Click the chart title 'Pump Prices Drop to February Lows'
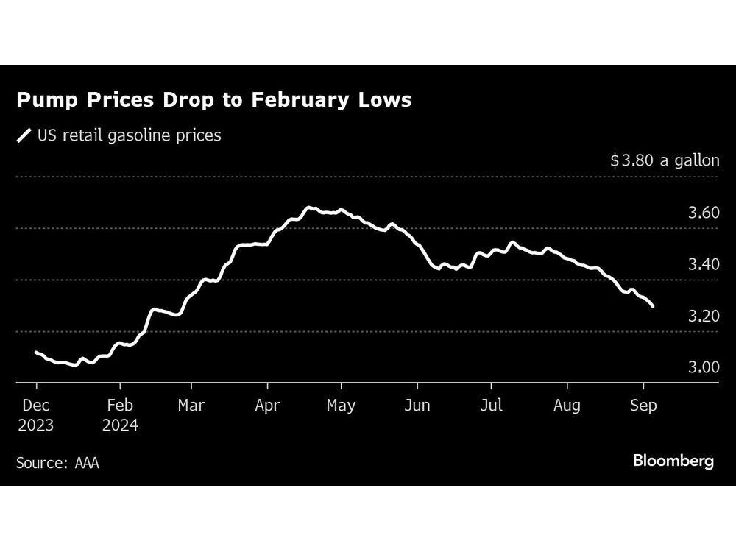point(213,101)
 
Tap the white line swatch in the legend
point(24,135)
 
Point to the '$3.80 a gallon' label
point(665,160)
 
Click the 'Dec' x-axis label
point(36,406)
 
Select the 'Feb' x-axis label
point(120,406)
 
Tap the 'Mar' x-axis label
point(191,406)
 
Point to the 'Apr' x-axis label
point(267,406)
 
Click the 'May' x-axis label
point(341,406)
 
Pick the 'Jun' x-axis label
point(417,406)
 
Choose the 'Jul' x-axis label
point(491,406)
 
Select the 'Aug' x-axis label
point(567,406)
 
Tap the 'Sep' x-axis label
point(643,406)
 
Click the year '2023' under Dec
point(36,425)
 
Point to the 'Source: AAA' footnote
point(57,463)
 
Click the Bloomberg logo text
point(673,461)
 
